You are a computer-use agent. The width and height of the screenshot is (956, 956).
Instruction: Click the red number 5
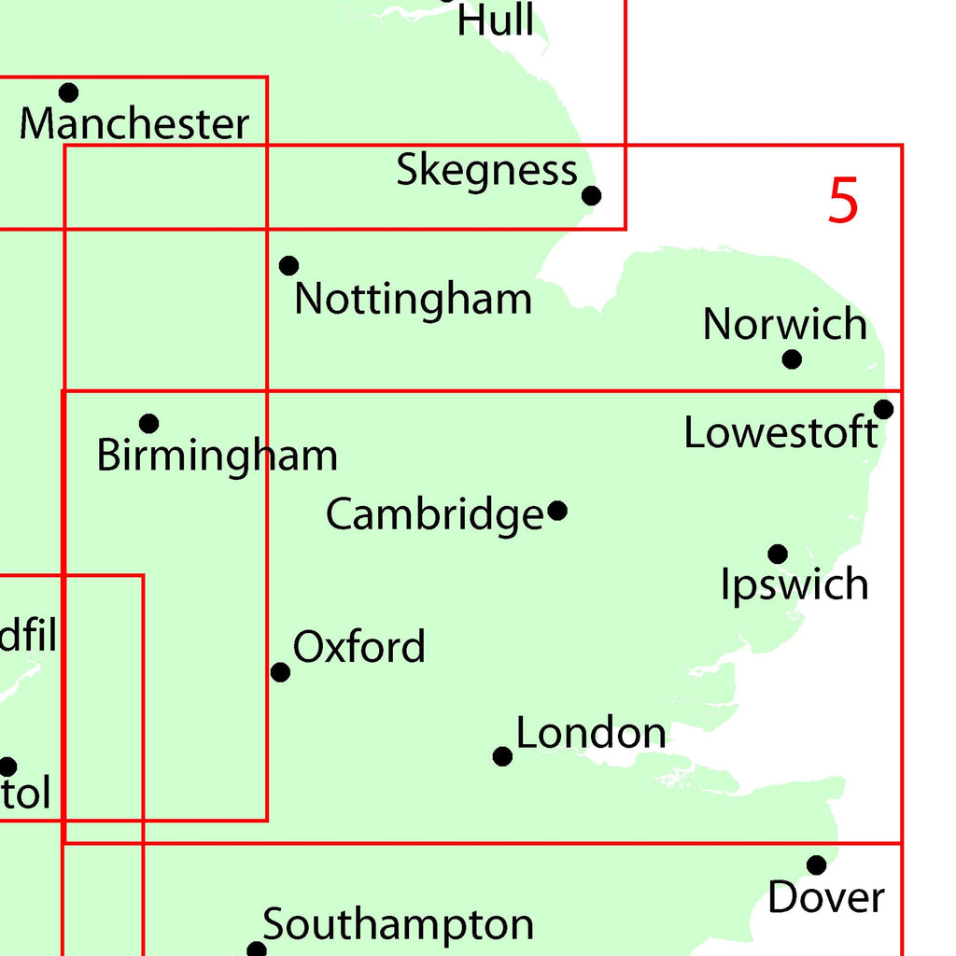[x=842, y=201]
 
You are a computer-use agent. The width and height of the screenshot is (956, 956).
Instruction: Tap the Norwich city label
[x=784, y=325]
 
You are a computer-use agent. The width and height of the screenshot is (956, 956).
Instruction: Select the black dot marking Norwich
[x=792, y=358]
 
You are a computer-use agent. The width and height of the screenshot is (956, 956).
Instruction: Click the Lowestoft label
[x=780, y=433]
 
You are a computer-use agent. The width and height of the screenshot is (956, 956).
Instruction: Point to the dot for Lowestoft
[x=883, y=409]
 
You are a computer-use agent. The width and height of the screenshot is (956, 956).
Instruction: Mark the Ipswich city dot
[x=778, y=555]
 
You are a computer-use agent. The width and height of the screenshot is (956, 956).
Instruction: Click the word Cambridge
[x=434, y=515]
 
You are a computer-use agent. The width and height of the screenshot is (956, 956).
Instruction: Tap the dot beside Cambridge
[x=557, y=511]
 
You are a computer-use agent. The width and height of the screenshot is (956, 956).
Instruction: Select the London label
[x=591, y=734]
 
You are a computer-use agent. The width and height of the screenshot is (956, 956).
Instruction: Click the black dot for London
[x=502, y=756]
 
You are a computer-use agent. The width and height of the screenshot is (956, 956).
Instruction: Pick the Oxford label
[x=359, y=647]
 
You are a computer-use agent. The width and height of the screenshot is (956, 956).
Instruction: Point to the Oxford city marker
[x=280, y=672]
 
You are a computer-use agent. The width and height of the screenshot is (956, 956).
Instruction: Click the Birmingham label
[x=217, y=457]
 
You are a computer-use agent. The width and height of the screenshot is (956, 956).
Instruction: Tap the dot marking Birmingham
[x=148, y=424]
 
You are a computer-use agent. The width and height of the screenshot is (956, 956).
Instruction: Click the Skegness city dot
[x=591, y=195]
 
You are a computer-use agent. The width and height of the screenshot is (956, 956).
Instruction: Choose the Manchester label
[x=134, y=124]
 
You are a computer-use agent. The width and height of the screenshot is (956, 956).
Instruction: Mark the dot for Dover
[x=817, y=865]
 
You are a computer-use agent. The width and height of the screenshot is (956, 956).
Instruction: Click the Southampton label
[x=398, y=925]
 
